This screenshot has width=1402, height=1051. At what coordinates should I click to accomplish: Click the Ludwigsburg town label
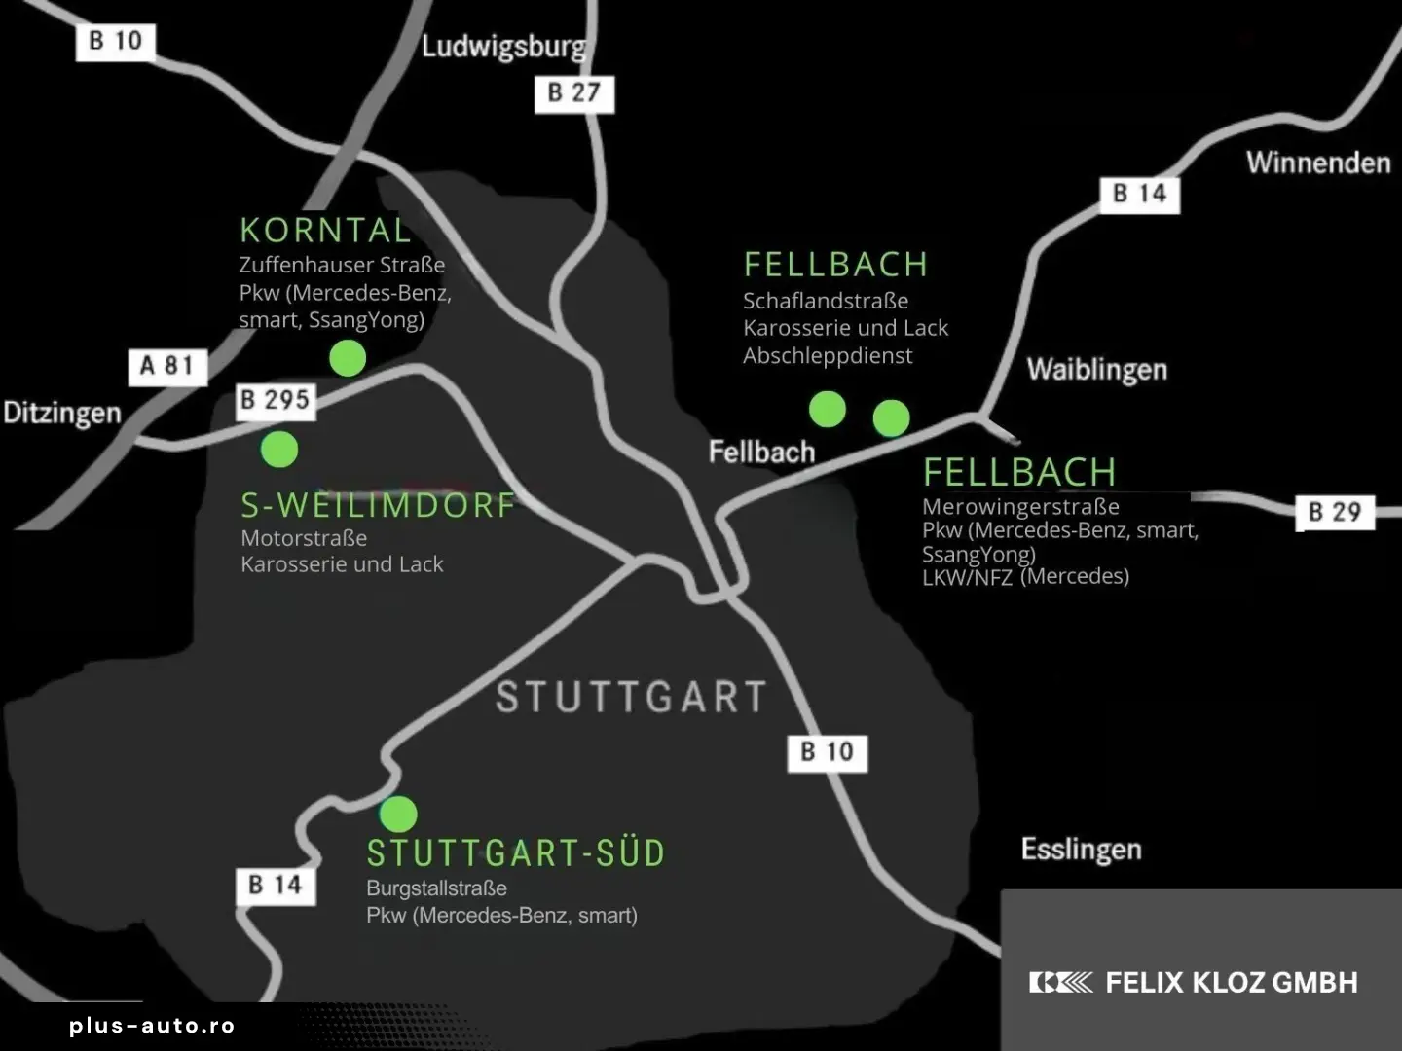tap(503, 46)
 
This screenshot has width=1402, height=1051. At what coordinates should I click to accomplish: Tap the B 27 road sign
tap(574, 93)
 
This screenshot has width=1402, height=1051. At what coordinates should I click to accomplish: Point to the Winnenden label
tap(1318, 163)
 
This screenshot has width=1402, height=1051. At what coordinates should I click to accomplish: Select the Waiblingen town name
tap(1096, 370)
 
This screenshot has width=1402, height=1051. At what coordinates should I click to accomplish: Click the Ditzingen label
tap(62, 413)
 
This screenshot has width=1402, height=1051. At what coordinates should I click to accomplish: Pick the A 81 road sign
tap(167, 366)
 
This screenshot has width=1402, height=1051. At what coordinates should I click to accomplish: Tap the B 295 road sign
tap(276, 400)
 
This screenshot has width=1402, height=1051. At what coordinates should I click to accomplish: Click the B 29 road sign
tap(1334, 512)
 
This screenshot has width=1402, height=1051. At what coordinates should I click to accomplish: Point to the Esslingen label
tap(1081, 850)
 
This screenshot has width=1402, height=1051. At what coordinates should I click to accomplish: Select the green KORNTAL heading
tap(325, 231)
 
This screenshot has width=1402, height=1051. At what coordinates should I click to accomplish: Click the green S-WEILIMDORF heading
tap(378, 505)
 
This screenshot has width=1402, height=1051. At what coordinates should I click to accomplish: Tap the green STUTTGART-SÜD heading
tap(516, 853)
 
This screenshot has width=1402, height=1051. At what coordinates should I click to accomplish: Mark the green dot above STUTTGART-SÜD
tap(398, 814)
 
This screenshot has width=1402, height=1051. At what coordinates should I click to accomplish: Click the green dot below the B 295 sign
tap(279, 449)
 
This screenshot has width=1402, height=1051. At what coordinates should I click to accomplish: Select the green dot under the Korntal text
tap(348, 358)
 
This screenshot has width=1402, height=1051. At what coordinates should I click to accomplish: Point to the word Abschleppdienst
tap(828, 356)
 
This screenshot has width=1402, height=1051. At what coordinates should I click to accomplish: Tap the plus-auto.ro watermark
tap(152, 1026)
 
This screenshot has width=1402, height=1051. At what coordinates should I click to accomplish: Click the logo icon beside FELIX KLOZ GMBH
tap(1060, 983)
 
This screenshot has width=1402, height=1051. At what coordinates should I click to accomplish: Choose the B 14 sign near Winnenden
tap(1139, 194)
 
